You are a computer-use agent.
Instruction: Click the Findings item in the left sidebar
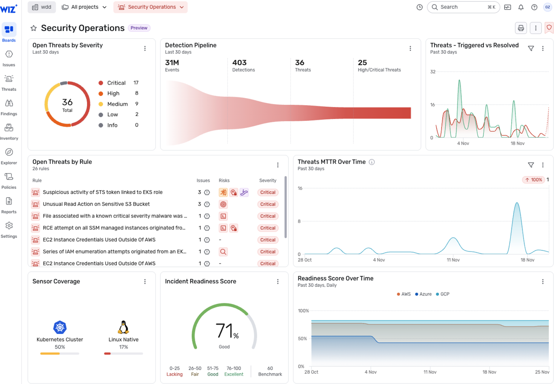coord(9,107)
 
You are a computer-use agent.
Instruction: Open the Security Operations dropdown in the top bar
coord(150,7)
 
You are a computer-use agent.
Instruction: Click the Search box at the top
coord(463,7)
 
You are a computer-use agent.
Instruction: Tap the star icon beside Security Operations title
coord(34,28)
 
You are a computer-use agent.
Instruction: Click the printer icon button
coord(520,28)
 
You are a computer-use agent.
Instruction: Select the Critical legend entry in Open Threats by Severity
coord(116,83)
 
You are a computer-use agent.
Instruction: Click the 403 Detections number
coord(239,63)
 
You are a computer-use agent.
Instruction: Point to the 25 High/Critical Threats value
coord(362,63)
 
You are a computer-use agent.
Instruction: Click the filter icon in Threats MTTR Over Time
coord(530,165)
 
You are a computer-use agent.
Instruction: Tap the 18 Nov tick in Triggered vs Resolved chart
coord(517,143)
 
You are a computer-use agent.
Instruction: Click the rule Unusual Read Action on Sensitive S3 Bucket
coord(96,204)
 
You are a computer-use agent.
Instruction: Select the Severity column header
coord(268,181)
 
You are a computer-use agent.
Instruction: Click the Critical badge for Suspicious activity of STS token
coord(268,192)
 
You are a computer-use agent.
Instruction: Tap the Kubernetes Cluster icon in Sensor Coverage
coord(60,327)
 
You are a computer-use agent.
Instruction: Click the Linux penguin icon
coord(123,327)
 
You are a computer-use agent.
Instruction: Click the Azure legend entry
coord(423,294)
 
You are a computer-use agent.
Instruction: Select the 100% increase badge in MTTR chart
coord(534,180)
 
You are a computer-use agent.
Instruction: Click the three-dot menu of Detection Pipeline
coord(410,49)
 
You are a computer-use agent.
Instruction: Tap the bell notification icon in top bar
coord(521,7)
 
